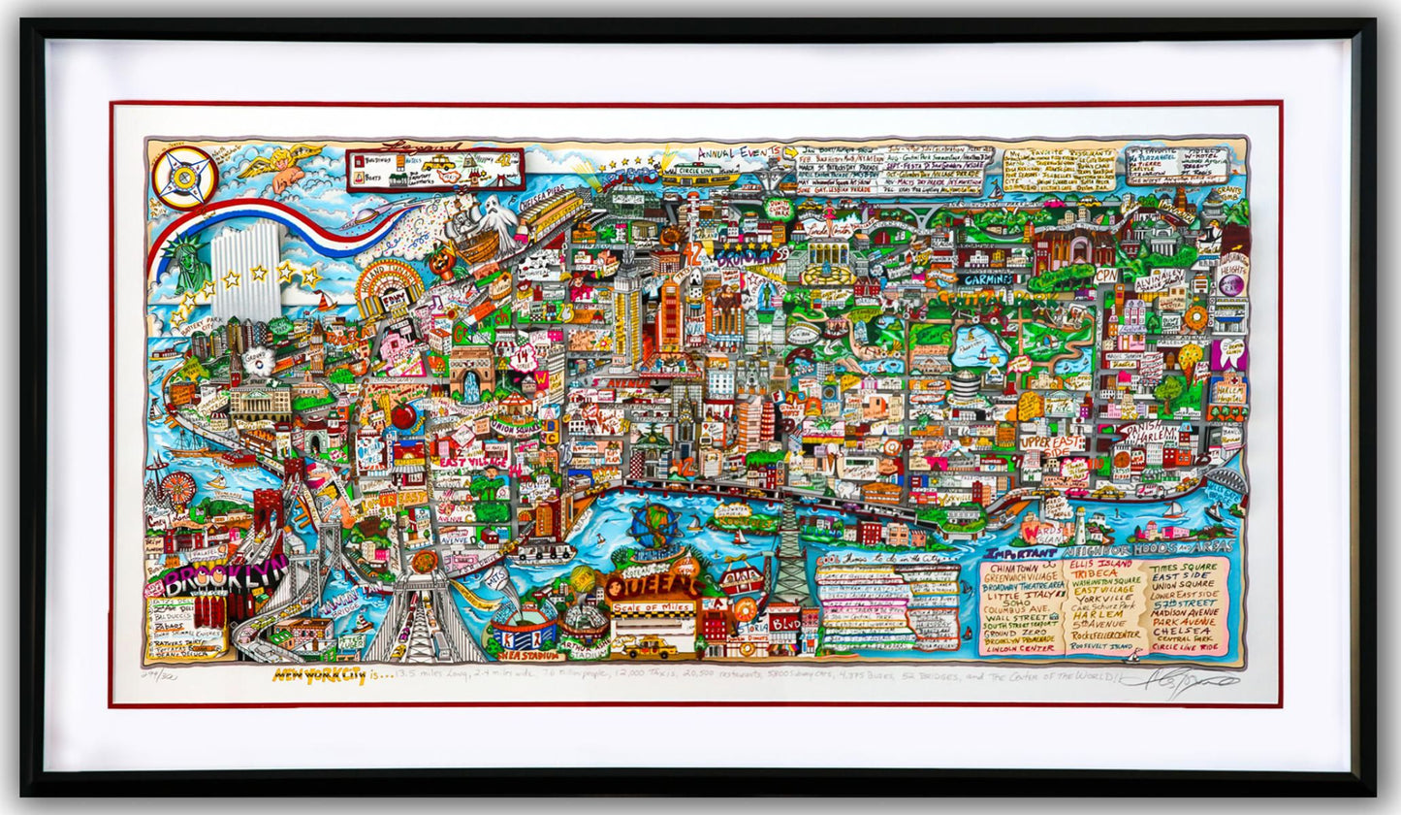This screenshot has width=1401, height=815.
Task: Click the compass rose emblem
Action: [185, 177]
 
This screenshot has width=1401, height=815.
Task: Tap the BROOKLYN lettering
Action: [226, 578]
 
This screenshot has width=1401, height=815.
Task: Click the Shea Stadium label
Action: [529, 656]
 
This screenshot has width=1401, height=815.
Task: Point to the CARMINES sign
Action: [987, 278]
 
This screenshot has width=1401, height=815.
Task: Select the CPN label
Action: [1105, 275]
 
